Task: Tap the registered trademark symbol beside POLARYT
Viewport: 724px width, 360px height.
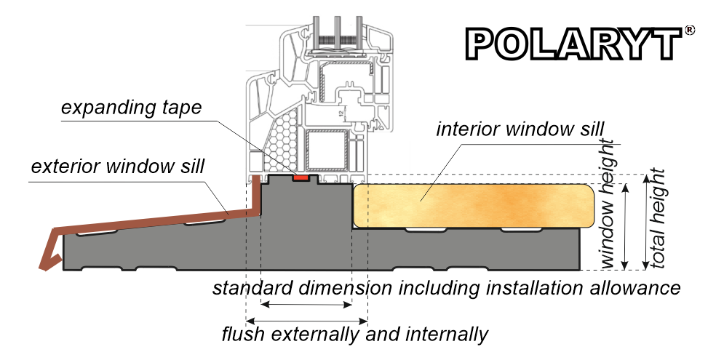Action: click(689, 31)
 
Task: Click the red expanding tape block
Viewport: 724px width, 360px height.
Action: click(299, 176)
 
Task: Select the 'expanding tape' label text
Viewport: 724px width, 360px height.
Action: click(132, 108)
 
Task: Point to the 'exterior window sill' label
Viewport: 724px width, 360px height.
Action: click(117, 167)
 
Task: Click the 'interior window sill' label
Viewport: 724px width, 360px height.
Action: click(520, 129)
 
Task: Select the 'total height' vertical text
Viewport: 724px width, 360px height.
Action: click(659, 218)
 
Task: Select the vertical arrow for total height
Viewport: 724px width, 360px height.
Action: click(645, 222)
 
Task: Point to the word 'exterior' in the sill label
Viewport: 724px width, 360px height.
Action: click(62, 167)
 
